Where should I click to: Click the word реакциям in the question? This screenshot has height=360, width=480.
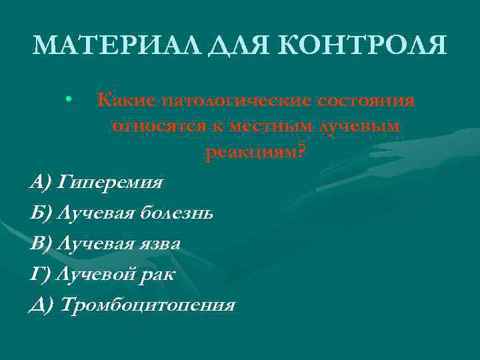tap(251, 153)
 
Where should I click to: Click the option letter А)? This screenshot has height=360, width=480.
tap(41, 181)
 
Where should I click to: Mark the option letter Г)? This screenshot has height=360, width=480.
tap(41, 274)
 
